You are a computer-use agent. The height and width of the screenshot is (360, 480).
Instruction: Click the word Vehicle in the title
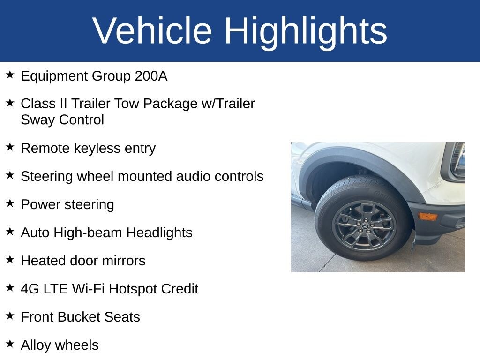(152, 30)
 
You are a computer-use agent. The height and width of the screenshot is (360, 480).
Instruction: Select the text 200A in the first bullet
(151, 76)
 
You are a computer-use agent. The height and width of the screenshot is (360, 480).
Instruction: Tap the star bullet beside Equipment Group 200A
(10, 75)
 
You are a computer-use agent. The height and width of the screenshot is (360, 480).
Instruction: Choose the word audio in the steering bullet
(193, 176)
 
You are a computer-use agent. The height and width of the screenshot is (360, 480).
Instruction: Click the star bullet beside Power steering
(10, 203)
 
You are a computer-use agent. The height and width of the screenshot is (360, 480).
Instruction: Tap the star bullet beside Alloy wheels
(10, 344)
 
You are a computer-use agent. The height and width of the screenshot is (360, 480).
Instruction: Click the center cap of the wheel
(365, 226)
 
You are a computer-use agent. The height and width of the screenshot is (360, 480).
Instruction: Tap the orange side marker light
(427, 217)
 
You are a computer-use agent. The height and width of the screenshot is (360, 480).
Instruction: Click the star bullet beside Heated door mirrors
(10, 259)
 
